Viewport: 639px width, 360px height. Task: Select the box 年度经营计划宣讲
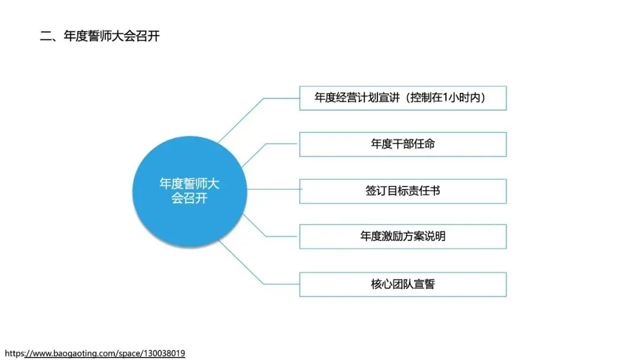[402, 98]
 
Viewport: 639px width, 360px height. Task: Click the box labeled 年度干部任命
[402, 144]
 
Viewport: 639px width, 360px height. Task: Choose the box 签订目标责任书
[402, 191]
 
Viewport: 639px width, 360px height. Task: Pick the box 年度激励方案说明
[402, 236]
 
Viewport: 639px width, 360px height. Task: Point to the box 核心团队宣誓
[402, 284]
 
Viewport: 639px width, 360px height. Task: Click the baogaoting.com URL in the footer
[95, 353]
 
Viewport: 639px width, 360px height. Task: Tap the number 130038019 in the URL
[163, 353]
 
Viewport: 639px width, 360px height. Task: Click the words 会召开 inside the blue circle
[189, 198]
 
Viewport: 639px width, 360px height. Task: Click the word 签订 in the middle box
[376, 191]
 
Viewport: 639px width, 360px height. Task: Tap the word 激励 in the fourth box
[392, 236]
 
